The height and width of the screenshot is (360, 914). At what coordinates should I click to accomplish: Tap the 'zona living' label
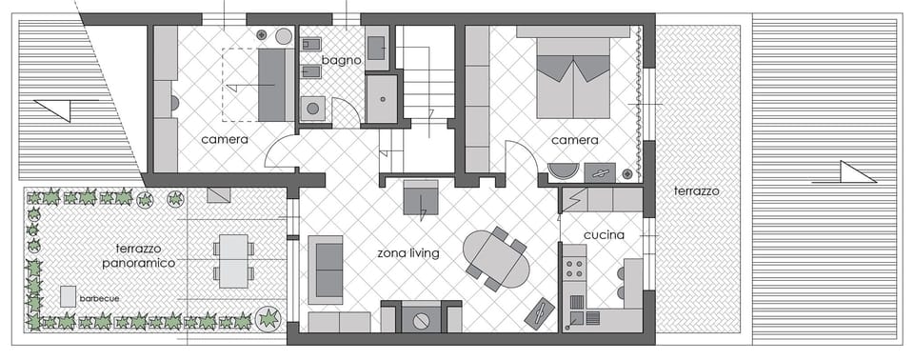(x=407, y=252)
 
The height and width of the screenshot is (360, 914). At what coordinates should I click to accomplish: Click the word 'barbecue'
(x=100, y=298)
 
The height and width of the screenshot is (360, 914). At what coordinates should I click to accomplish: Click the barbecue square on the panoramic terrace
(x=68, y=295)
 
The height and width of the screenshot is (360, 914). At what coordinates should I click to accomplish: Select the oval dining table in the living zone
(x=496, y=259)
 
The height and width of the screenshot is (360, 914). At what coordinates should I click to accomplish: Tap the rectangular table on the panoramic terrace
(x=233, y=260)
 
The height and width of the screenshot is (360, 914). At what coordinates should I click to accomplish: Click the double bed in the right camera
(x=573, y=78)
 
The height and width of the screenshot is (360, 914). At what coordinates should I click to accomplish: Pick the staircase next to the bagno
(x=426, y=81)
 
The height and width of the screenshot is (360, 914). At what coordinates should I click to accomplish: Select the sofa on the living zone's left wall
(x=326, y=269)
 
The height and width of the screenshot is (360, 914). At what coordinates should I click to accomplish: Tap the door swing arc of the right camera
(x=522, y=155)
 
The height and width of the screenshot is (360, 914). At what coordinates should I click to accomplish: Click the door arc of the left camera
(x=279, y=152)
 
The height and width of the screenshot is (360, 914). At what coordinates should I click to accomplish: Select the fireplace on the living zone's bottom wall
(x=421, y=317)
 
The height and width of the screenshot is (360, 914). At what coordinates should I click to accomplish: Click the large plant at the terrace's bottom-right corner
(x=268, y=317)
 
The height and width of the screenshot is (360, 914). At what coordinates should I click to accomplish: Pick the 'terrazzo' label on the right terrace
(x=696, y=190)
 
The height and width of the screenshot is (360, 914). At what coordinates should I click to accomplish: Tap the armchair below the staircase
(x=420, y=197)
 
